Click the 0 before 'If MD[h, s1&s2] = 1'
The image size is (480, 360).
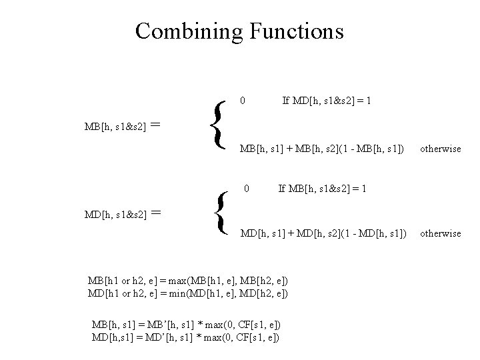pyautogui.click(x=243, y=101)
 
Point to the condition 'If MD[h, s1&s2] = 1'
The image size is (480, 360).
pyautogui.click(x=327, y=101)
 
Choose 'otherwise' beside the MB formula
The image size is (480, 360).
pyautogui.click(x=440, y=149)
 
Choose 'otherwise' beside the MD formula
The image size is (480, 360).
pyautogui.click(x=440, y=233)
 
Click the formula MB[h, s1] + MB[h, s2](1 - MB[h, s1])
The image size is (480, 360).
pyautogui.click(x=322, y=149)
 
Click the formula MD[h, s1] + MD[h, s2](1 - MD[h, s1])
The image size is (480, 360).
pyautogui.click(x=323, y=233)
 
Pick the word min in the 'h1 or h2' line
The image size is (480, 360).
pyautogui.click(x=198, y=293)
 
